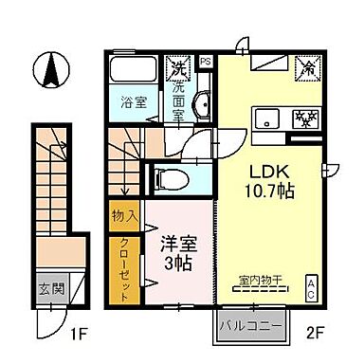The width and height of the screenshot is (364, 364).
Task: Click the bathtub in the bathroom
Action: (x=132, y=70)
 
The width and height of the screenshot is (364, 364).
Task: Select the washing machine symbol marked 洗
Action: (x=176, y=67)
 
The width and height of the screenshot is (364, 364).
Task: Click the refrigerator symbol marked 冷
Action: (x=307, y=68)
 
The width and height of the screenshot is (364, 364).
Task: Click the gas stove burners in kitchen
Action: (x=304, y=119)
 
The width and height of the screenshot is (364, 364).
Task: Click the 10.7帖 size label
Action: (x=267, y=191)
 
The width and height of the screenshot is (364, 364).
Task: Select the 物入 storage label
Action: (x=124, y=217)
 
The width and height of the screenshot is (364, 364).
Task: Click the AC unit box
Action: (x=311, y=288)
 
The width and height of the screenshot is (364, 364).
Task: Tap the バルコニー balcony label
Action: (x=251, y=327)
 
